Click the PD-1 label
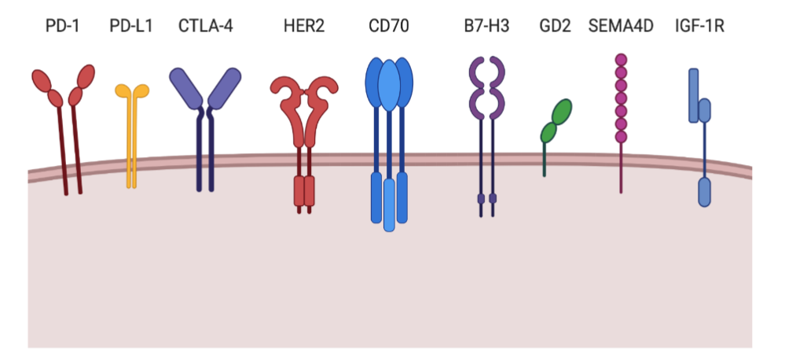(63, 26)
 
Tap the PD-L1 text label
(131, 26)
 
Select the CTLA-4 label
(206, 26)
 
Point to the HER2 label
(303, 26)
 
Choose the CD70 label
(388, 26)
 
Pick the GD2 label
(555, 26)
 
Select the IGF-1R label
(699, 26)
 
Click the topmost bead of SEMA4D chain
(621, 60)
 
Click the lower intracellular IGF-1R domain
(705, 191)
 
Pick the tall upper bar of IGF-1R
(694, 94)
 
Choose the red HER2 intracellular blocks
(303, 190)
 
